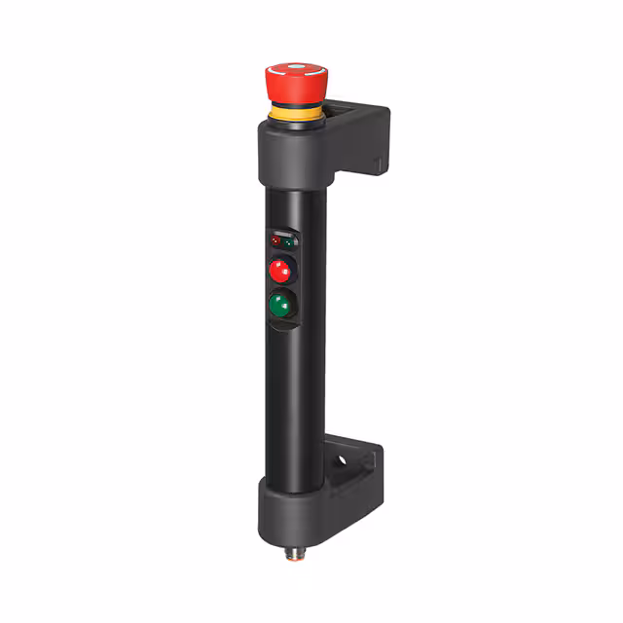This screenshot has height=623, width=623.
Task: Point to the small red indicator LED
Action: pos(275,239)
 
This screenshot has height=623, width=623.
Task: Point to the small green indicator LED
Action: pos(290,238)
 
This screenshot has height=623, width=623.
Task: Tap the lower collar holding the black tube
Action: pos(292,506)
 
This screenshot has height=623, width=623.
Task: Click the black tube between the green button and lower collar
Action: pos(291,409)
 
